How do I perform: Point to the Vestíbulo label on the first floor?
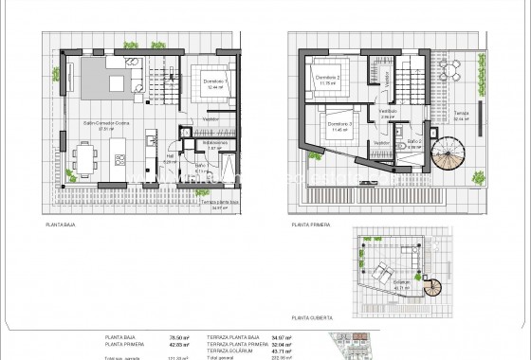coord(387,111)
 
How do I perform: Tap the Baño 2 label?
coord(414,141)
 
